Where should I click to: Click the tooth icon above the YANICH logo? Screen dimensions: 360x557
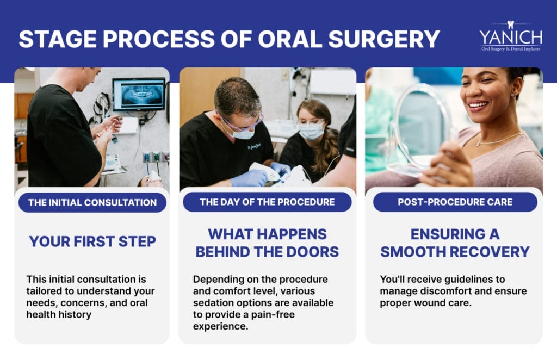click(510, 24)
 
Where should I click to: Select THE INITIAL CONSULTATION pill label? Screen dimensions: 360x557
click(92, 202)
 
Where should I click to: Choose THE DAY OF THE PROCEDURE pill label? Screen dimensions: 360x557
click(267, 202)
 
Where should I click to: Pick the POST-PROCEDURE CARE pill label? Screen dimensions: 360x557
click(455, 202)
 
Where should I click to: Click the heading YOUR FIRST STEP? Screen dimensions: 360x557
click(91, 241)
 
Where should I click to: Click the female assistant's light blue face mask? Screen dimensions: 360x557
click(311, 130)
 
